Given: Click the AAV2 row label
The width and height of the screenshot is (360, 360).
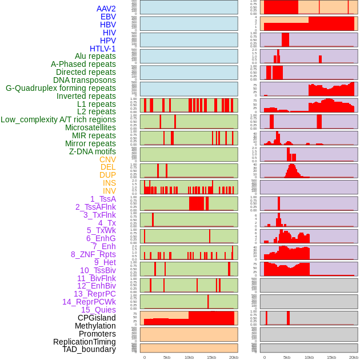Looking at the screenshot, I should click(106, 9).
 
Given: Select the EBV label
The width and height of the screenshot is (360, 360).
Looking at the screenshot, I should click(107, 17).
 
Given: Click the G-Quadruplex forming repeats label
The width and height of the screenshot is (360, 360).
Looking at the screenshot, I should click(61, 88).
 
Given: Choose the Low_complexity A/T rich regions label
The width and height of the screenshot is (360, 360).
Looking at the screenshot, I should click(58, 119).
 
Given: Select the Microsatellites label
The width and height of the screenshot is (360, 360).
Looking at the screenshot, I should click(90, 127).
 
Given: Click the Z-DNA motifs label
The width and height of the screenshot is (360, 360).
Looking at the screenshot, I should click(92, 151).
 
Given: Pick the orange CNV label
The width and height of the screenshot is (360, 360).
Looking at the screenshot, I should click(107, 159).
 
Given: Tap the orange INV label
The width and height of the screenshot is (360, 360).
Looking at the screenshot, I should click(109, 191).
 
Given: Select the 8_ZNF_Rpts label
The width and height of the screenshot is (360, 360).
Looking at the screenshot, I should click(93, 254).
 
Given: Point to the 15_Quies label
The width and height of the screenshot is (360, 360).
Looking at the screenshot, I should click(98, 310).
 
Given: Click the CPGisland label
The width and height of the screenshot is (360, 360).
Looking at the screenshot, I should click(97, 318).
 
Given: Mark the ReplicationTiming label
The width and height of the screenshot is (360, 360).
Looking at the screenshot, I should click(84, 342).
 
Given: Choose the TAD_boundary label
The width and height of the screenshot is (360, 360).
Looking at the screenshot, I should click(89, 349).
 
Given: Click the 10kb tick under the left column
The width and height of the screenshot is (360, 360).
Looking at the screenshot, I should click(189, 357).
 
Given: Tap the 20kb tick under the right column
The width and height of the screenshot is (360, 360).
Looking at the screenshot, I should click(354, 357).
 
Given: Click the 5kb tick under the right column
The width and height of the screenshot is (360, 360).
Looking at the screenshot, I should click(286, 357).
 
